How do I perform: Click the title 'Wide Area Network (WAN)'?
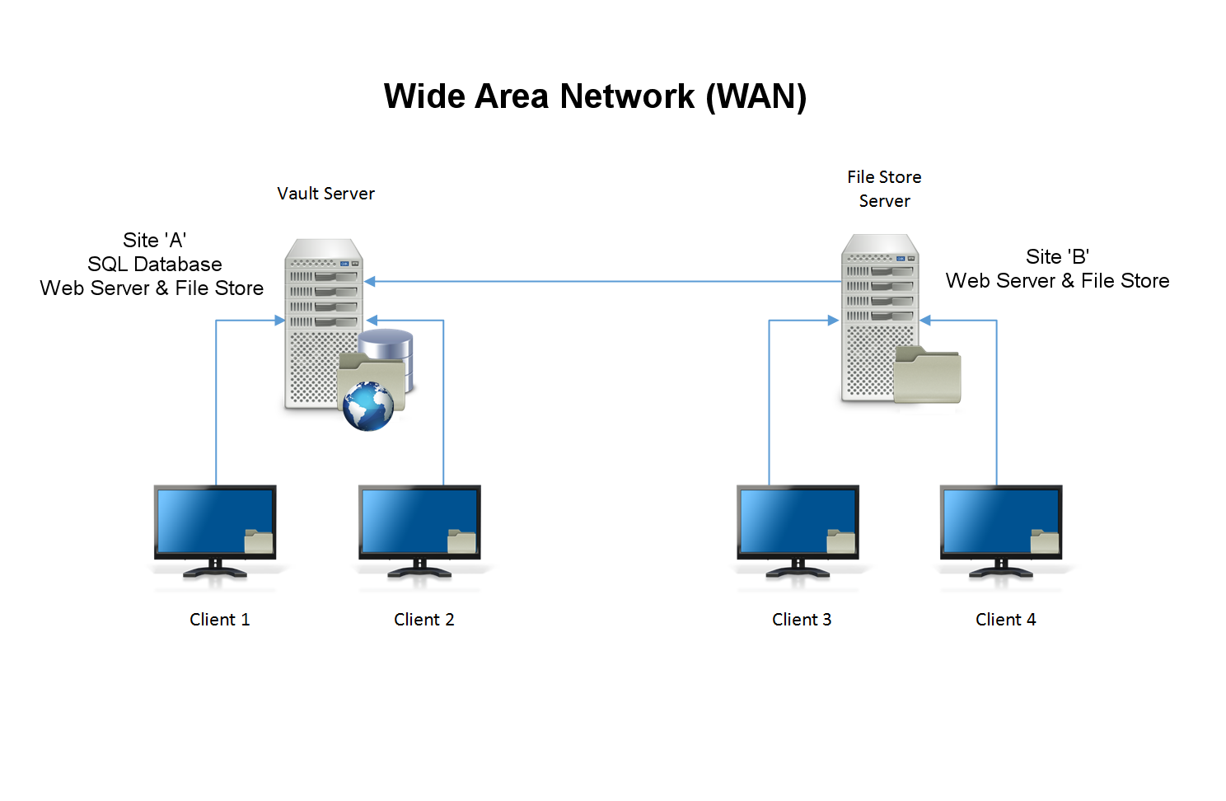[595, 96]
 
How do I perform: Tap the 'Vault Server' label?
[325, 194]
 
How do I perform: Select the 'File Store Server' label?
[884, 189]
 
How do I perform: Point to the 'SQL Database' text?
[155, 265]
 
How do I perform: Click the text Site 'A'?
[155, 241]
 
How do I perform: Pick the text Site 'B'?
[1057, 257]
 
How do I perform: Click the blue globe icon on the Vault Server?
[368, 406]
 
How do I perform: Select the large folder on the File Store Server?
[928, 376]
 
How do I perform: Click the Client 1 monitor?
[215, 523]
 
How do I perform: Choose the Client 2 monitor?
[419, 523]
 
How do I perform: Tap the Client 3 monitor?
[798, 523]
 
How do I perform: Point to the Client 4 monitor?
[1001, 523]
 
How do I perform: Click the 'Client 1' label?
[219, 620]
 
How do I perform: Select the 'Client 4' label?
[1005, 620]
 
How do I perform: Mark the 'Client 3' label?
[802, 620]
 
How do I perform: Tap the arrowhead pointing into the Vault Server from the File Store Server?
[371, 282]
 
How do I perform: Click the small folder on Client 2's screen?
[461, 541]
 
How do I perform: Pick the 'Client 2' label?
[423, 620]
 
